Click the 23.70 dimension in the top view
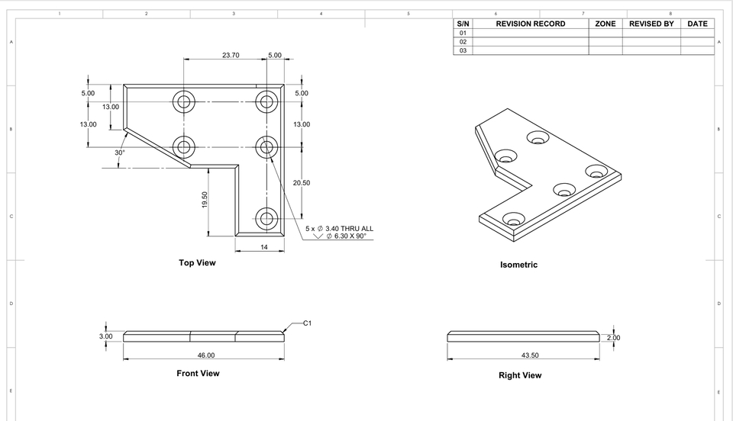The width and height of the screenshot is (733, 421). coord(231,55)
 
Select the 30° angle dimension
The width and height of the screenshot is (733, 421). coord(120,153)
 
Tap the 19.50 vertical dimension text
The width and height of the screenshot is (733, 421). coord(205,200)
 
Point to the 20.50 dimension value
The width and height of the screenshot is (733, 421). coord(302,183)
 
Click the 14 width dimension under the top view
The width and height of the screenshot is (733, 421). coord(264,247)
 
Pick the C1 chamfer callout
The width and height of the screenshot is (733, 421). coord(307,323)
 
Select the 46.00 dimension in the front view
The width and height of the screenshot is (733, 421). coord(205,355)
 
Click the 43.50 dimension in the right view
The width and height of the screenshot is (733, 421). coord(530,355)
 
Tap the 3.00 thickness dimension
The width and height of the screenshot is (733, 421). coord(106,336)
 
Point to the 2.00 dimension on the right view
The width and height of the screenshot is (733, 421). coord(613,337)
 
